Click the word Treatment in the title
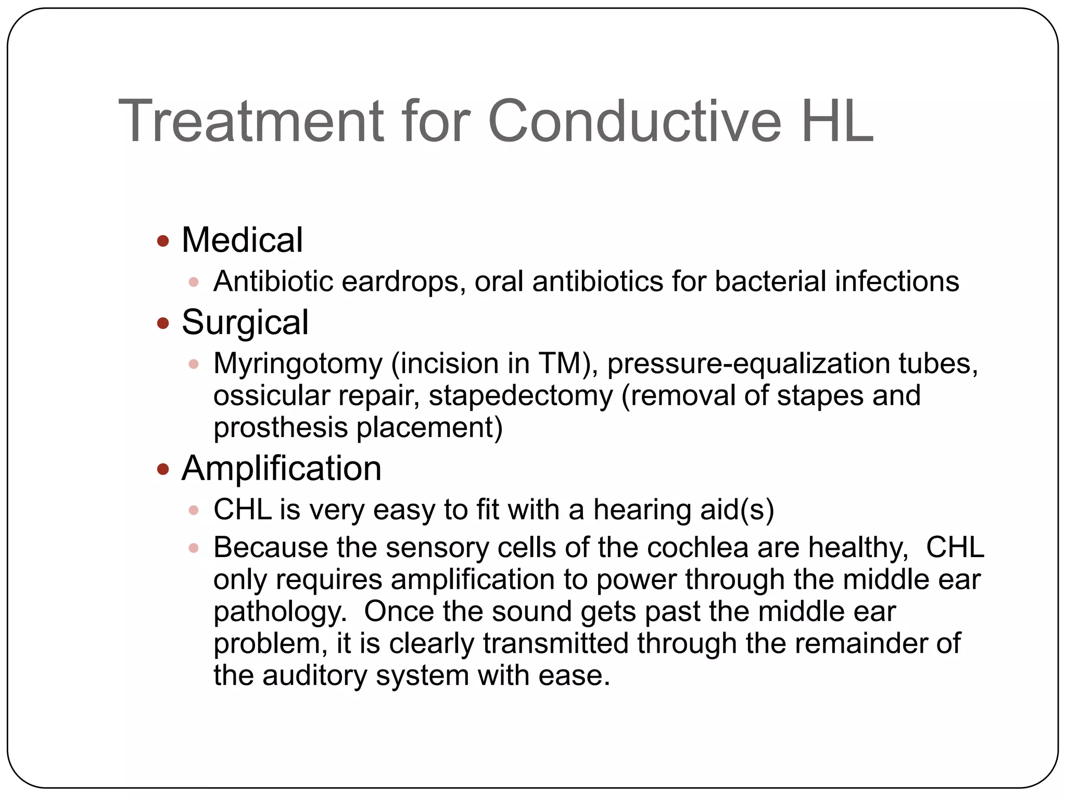(251, 121)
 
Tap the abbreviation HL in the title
(836, 121)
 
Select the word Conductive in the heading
(634, 121)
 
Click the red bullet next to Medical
(163, 241)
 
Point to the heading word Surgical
(245, 322)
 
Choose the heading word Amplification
(281, 468)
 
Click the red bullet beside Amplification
(163, 470)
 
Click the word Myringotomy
(298, 364)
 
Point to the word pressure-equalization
(748, 364)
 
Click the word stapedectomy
(521, 396)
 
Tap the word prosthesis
(281, 428)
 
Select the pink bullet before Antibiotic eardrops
(194, 282)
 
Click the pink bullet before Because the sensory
(194, 548)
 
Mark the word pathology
(280, 612)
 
